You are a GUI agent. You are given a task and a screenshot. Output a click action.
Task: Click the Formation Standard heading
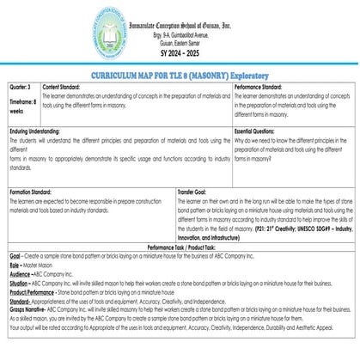[x=35, y=190]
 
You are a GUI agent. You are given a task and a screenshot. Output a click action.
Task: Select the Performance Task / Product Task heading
[x=179, y=247]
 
